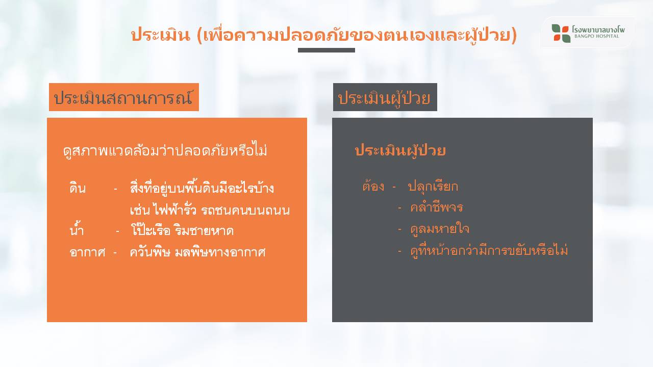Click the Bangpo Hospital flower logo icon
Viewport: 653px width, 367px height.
point(561,33)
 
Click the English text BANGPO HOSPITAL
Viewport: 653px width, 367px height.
point(597,36)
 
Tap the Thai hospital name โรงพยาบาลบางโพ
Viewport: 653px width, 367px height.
point(598,29)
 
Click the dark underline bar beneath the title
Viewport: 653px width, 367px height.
point(326,50)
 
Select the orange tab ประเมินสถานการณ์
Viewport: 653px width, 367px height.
point(124,97)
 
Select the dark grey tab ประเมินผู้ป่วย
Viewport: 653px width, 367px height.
point(385,97)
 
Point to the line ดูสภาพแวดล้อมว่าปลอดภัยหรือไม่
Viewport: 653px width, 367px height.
point(165,150)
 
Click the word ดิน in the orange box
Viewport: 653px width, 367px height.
point(78,188)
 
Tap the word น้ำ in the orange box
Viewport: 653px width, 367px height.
point(77,229)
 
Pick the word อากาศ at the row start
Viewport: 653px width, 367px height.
point(87,252)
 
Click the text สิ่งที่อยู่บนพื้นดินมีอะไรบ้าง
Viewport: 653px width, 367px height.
point(202,188)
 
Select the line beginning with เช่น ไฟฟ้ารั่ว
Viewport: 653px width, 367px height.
point(210,209)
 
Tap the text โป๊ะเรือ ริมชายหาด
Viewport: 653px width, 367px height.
point(182,230)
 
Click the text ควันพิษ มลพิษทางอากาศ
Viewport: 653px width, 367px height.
point(197,252)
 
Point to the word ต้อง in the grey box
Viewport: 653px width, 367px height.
point(373,186)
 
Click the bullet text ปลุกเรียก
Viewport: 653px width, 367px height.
point(433,186)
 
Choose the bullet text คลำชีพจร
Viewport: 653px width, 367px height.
point(436,207)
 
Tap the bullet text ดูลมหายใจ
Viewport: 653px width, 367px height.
point(440,229)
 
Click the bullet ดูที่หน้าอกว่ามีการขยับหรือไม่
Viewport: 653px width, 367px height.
point(489,250)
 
